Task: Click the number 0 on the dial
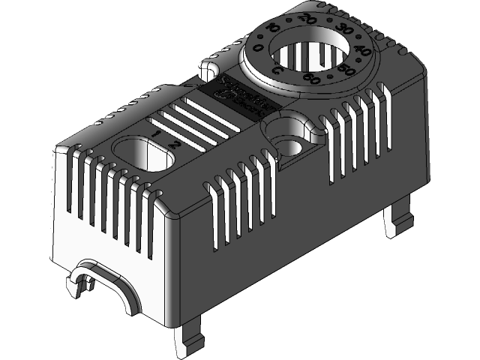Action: click(x=259, y=47)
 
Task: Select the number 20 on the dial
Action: click(x=304, y=17)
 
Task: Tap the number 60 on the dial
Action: click(x=310, y=76)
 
